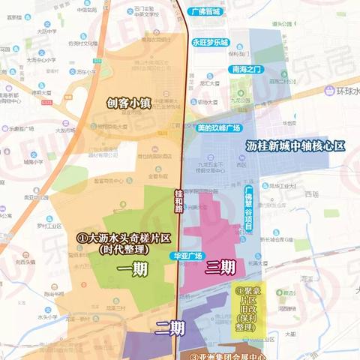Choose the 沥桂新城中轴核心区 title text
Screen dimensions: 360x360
coord(295,145)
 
